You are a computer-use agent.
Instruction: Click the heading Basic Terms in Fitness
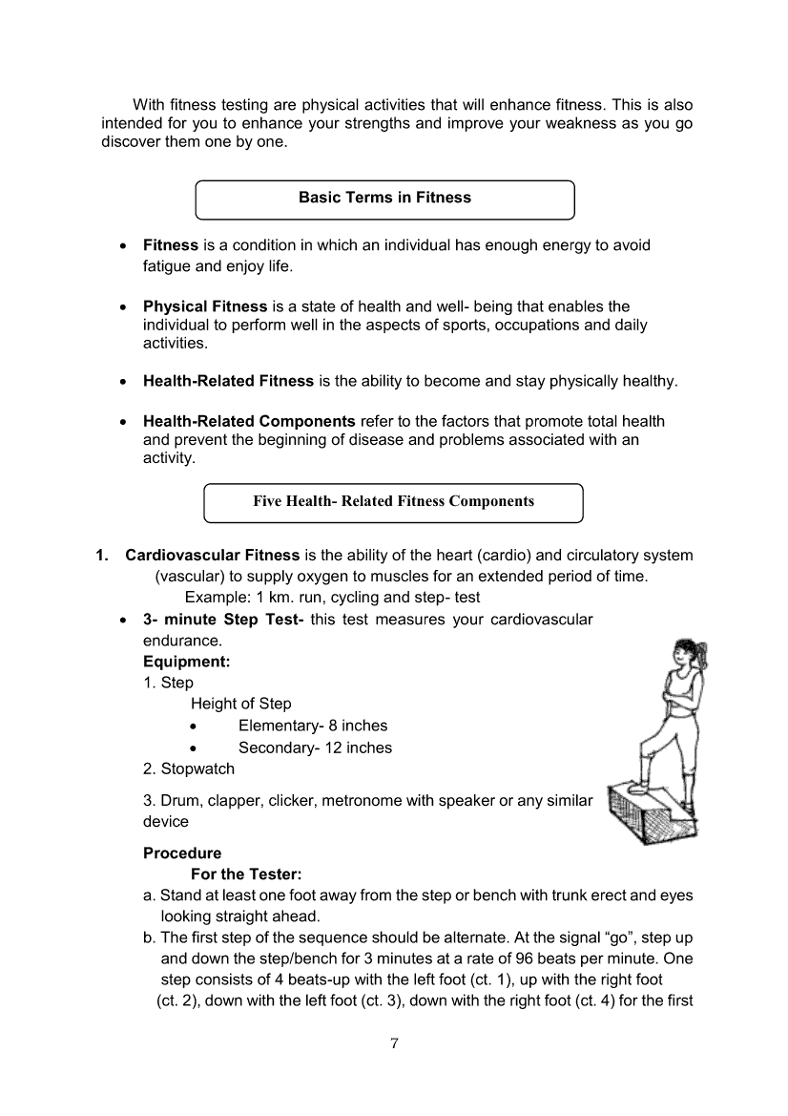click(x=384, y=198)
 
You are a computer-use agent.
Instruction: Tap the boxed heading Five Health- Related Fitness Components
click(x=393, y=501)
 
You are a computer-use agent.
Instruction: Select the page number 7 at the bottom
click(x=394, y=1042)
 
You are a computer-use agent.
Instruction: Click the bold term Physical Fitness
click(x=205, y=306)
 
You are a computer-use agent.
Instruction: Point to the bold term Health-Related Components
click(x=249, y=421)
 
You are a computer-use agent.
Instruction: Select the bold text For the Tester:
click(x=246, y=874)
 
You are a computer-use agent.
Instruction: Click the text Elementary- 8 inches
click(x=313, y=726)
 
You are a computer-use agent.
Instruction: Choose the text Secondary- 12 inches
click(x=315, y=748)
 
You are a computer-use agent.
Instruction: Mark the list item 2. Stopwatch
click(x=189, y=769)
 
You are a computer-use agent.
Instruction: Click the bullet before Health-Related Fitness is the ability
click(x=122, y=381)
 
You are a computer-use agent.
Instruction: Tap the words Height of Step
click(x=241, y=704)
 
